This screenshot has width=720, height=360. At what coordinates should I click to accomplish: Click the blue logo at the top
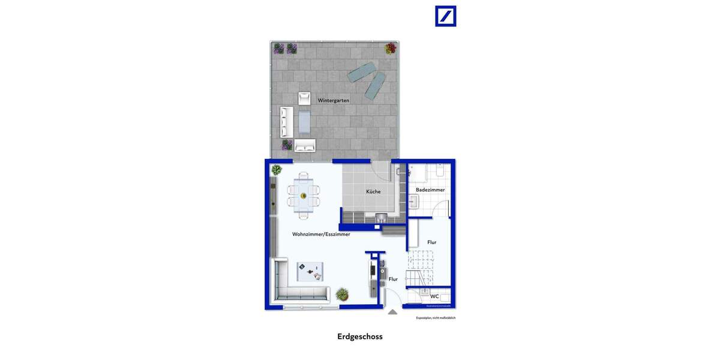tap(445, 16)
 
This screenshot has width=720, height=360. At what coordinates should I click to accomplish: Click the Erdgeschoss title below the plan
tap(359, 337)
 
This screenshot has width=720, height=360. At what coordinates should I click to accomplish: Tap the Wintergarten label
tap(334, 100)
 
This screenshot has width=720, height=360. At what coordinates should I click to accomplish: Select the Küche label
tap(373, 191)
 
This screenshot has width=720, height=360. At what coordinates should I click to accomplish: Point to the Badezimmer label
tap(430, 190)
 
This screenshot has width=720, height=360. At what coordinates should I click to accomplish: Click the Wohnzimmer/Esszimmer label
tap(321, 234)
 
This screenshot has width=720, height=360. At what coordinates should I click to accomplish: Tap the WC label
tap(434, 296)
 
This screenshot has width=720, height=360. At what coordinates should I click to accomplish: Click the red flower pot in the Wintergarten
tap(391, 48)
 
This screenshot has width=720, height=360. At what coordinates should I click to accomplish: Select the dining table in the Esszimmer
tap(303, 195)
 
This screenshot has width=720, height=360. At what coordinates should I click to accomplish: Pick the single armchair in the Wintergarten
tap(304, 98)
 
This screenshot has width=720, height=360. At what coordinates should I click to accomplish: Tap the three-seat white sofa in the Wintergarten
tap(286, 122)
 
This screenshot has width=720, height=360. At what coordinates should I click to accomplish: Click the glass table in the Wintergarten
tap(305, 123)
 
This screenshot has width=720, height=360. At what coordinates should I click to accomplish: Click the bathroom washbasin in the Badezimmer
tap(413, 202)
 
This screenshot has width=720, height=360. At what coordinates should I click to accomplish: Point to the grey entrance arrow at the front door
tap(392, 311)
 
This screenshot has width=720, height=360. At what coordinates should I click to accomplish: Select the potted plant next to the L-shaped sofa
tap(342, 294)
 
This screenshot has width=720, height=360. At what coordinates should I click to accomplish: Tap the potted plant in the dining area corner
tap(276, 170)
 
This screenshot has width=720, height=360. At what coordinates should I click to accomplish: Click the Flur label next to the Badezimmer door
tap(431, 242)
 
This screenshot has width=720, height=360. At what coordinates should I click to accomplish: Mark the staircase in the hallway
tap(420, 268)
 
